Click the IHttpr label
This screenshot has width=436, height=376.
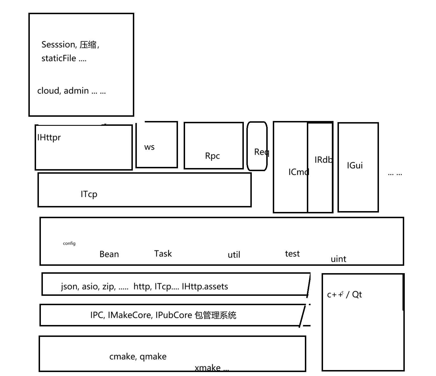click(x=49, y=138)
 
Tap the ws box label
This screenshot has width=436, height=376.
click(x=149, y=147)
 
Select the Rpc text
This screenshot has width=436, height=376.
click(x=212, y=156)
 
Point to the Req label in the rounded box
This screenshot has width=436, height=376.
click(x=261, y=152)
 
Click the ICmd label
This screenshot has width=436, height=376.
click(x=298, y=172)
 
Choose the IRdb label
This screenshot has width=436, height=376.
click(x=323, y=160)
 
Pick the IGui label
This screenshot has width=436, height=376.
click(x=355, y=165)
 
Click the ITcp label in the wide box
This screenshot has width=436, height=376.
click(x=89, y=194)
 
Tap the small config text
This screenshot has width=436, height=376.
click(x=69, y=243)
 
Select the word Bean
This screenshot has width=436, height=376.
click(x=109, y=254)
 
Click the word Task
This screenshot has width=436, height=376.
click(x=163, y=254)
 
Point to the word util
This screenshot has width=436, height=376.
click(x=234, y=255)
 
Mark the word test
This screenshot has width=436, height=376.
click(x=292, y=254)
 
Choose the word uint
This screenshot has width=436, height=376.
click(x=338, y=259)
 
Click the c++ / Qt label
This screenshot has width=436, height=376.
click(x=344, y=295)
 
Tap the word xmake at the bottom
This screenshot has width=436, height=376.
click(x=207, y=368)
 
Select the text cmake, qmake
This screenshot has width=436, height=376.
click(x=138, y=356)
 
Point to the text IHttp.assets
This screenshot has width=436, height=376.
click(x=205, y=286)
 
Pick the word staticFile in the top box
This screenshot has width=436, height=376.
click(x=59, y=58)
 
